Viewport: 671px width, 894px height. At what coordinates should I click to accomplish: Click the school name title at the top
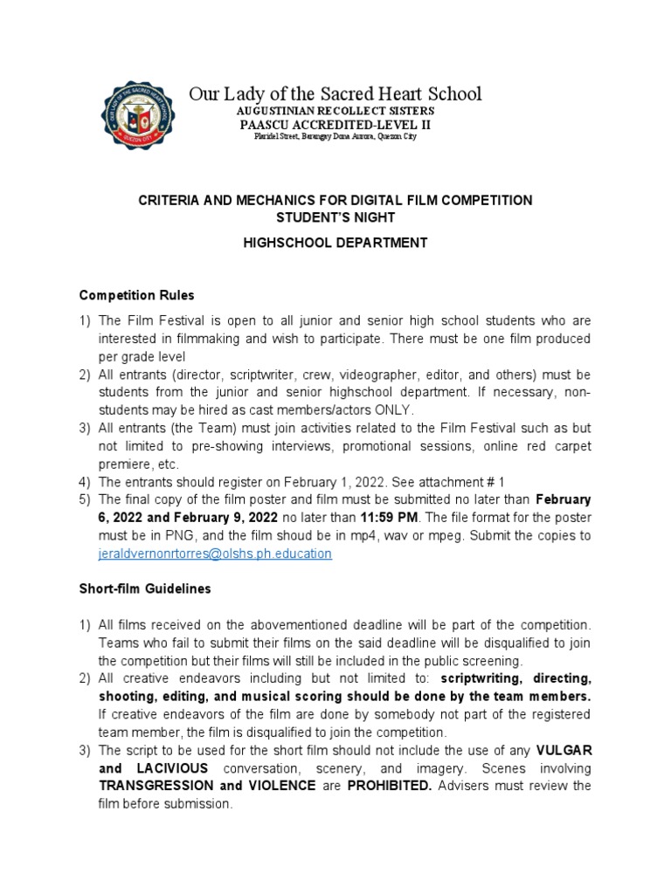(335, 93)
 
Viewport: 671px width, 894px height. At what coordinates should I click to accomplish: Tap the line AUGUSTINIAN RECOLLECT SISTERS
(335, 112)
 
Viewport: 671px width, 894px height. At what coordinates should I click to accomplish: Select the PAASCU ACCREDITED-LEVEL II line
(335, 125)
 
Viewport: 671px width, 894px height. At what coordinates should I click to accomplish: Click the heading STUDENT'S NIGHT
(335, 217)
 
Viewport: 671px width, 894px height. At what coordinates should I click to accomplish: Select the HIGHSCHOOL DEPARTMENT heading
(335, 243)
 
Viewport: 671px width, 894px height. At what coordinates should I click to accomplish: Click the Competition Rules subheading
(136, 295)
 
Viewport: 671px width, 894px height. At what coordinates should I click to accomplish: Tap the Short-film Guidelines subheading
(145, 588)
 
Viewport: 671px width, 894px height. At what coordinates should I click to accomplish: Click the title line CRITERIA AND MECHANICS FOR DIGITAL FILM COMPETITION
(335, 200)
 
